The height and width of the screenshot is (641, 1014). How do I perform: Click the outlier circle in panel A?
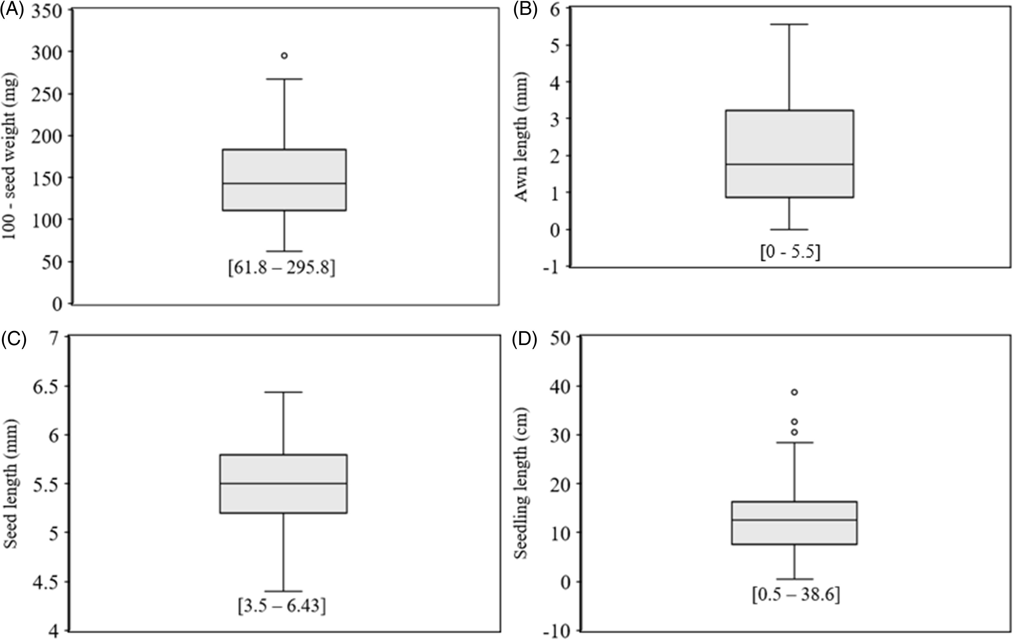point(284,56)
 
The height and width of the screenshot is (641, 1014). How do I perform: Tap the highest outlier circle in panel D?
point(794,392)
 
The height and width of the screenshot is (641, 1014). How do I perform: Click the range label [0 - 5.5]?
point(790,253)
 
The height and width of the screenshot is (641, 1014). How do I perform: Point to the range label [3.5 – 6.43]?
point(282,607)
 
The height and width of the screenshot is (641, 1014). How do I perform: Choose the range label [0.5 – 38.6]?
point(796,595)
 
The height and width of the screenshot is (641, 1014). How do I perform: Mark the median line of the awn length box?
point(790,164)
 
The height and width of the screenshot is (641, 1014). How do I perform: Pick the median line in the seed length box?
point(283,484)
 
